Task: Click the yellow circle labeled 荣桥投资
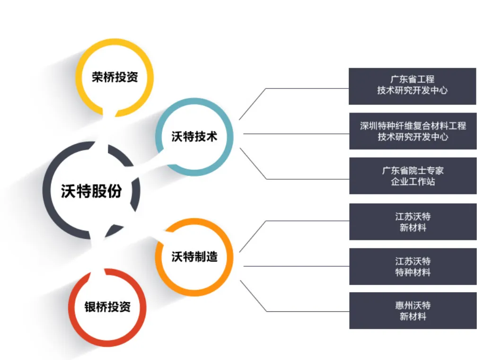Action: click(x=115, y=77)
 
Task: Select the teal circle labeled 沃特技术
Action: click(x=194, y=137)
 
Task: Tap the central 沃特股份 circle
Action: click(x=91, y=190)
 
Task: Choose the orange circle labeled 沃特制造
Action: click(x=194, y=257)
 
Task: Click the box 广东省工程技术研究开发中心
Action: click(x=412, y=86)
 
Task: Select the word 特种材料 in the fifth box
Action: click(x=413, y=272)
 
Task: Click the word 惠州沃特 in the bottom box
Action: click(x=413, y=305)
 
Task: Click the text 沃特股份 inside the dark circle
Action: click(x=91, y=191)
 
